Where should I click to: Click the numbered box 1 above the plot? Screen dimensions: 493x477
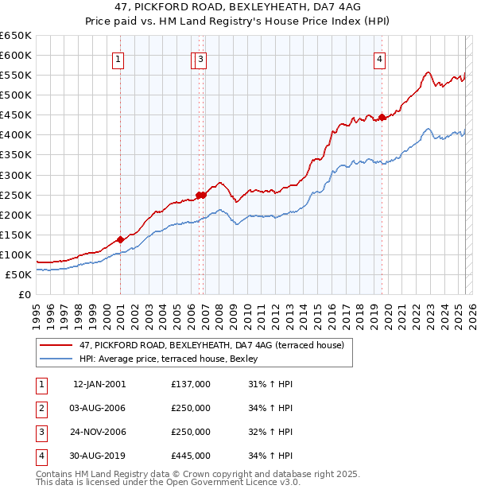pyautogui.click(x=118, y=59)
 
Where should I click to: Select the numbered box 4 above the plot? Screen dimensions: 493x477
pyautogui.click(x=380, y=59)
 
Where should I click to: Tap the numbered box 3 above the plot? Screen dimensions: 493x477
pyautogui.click(x=201, y=59)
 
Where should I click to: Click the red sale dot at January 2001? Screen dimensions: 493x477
pyautogui.click(x=120, y=239)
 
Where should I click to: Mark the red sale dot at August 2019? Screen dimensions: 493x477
pyautogui.click(x=382, y=117)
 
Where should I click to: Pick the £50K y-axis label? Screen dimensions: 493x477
pyautogui.click(x=19, y=274)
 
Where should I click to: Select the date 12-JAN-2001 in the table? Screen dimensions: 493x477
pyautogui.click(x=99, y=384)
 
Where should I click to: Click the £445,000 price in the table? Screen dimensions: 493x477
pyautogui.click(x=191, y=456)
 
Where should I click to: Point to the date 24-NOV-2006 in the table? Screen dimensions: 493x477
pyautogui.click(x=99, y=432)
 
